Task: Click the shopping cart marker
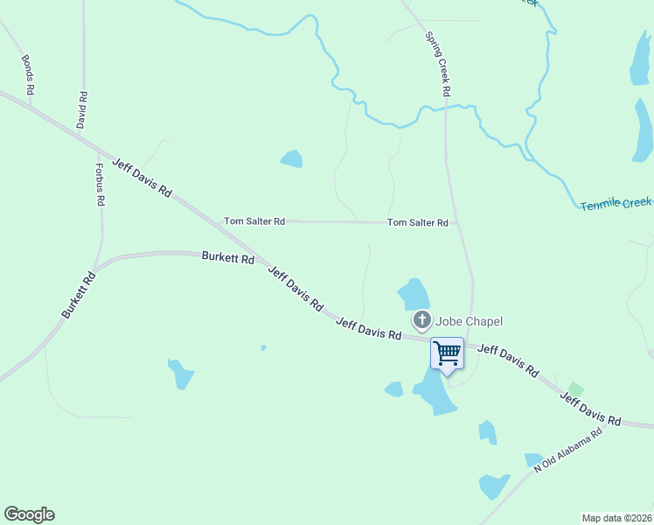(x=447, y=354)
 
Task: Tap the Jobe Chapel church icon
(x=422, y=321)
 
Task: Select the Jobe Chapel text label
(x=470, y=322)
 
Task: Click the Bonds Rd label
(x=28, y=74)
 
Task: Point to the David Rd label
(x=81, y=110)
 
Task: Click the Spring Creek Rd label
(x=437, y=64)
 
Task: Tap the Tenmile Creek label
(x=616, y=203)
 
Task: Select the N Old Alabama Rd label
(x=568, y=451)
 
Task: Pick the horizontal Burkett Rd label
(x=227, y=258)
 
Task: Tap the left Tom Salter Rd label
(x=254, y=221)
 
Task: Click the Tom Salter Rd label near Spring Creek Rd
(x=418, y=223)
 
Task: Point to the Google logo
(x=29, y=514)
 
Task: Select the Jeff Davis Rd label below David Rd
(x=142, y=177)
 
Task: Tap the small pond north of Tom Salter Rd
(x=291, y=159)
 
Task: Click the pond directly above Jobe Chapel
(x=413, y=294)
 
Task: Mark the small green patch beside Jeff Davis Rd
(x=574, y=388)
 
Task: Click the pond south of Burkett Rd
(x=181, y=374)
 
